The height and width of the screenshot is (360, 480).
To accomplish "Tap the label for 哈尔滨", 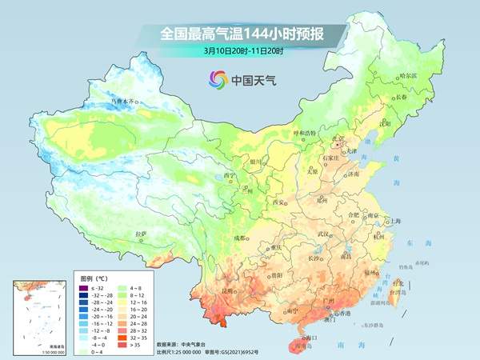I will (x=386, y=75).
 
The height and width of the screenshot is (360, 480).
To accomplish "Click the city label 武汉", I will (x=323, y=234).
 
